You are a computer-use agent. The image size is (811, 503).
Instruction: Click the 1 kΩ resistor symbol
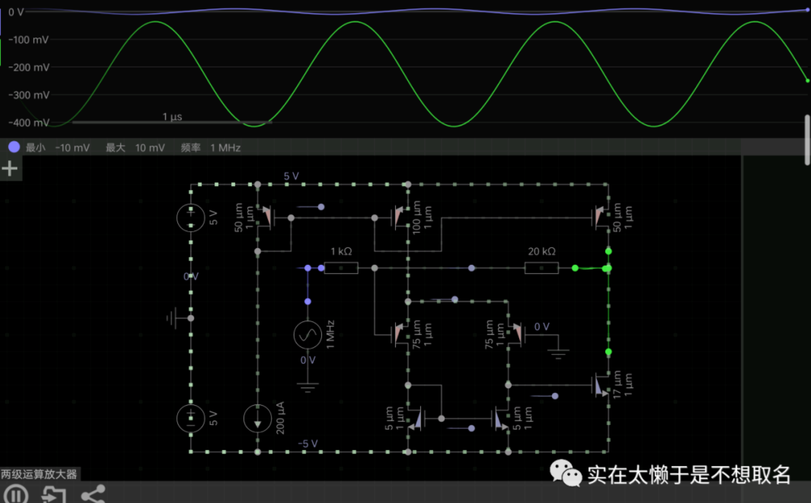tap(341, 268)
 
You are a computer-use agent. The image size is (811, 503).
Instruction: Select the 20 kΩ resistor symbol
tap(541, 268)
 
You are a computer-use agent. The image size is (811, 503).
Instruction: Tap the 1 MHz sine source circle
tap(308, 334)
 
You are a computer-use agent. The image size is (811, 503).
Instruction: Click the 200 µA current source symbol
tap(257, 418)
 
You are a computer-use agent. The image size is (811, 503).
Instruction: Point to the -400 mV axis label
tap(29, 123)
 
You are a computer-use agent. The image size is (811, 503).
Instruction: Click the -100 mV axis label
tap(29, 40)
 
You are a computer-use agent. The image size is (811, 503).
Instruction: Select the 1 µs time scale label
tap(172, 117)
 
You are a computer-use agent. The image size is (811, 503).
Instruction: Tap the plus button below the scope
tap(10, 168)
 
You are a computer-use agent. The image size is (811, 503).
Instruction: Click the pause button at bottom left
tap(16, 495)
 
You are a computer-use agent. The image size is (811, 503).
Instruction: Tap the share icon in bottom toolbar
tap(94, 495)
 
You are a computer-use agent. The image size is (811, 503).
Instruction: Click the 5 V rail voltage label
tap(291, 176)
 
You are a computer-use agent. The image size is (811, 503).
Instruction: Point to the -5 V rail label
tap(308, 443)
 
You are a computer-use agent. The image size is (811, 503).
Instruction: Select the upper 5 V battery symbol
tap(191, 217)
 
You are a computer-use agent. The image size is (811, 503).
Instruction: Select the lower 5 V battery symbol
tap(191, 418)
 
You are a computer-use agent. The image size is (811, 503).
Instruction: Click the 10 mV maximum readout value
tap(150, 148)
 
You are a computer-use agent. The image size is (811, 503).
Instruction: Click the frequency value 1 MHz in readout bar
tap(225, 148)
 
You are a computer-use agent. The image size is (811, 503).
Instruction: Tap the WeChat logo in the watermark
tap(565, 473)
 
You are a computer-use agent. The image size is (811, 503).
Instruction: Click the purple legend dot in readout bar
tap(14, 147)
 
